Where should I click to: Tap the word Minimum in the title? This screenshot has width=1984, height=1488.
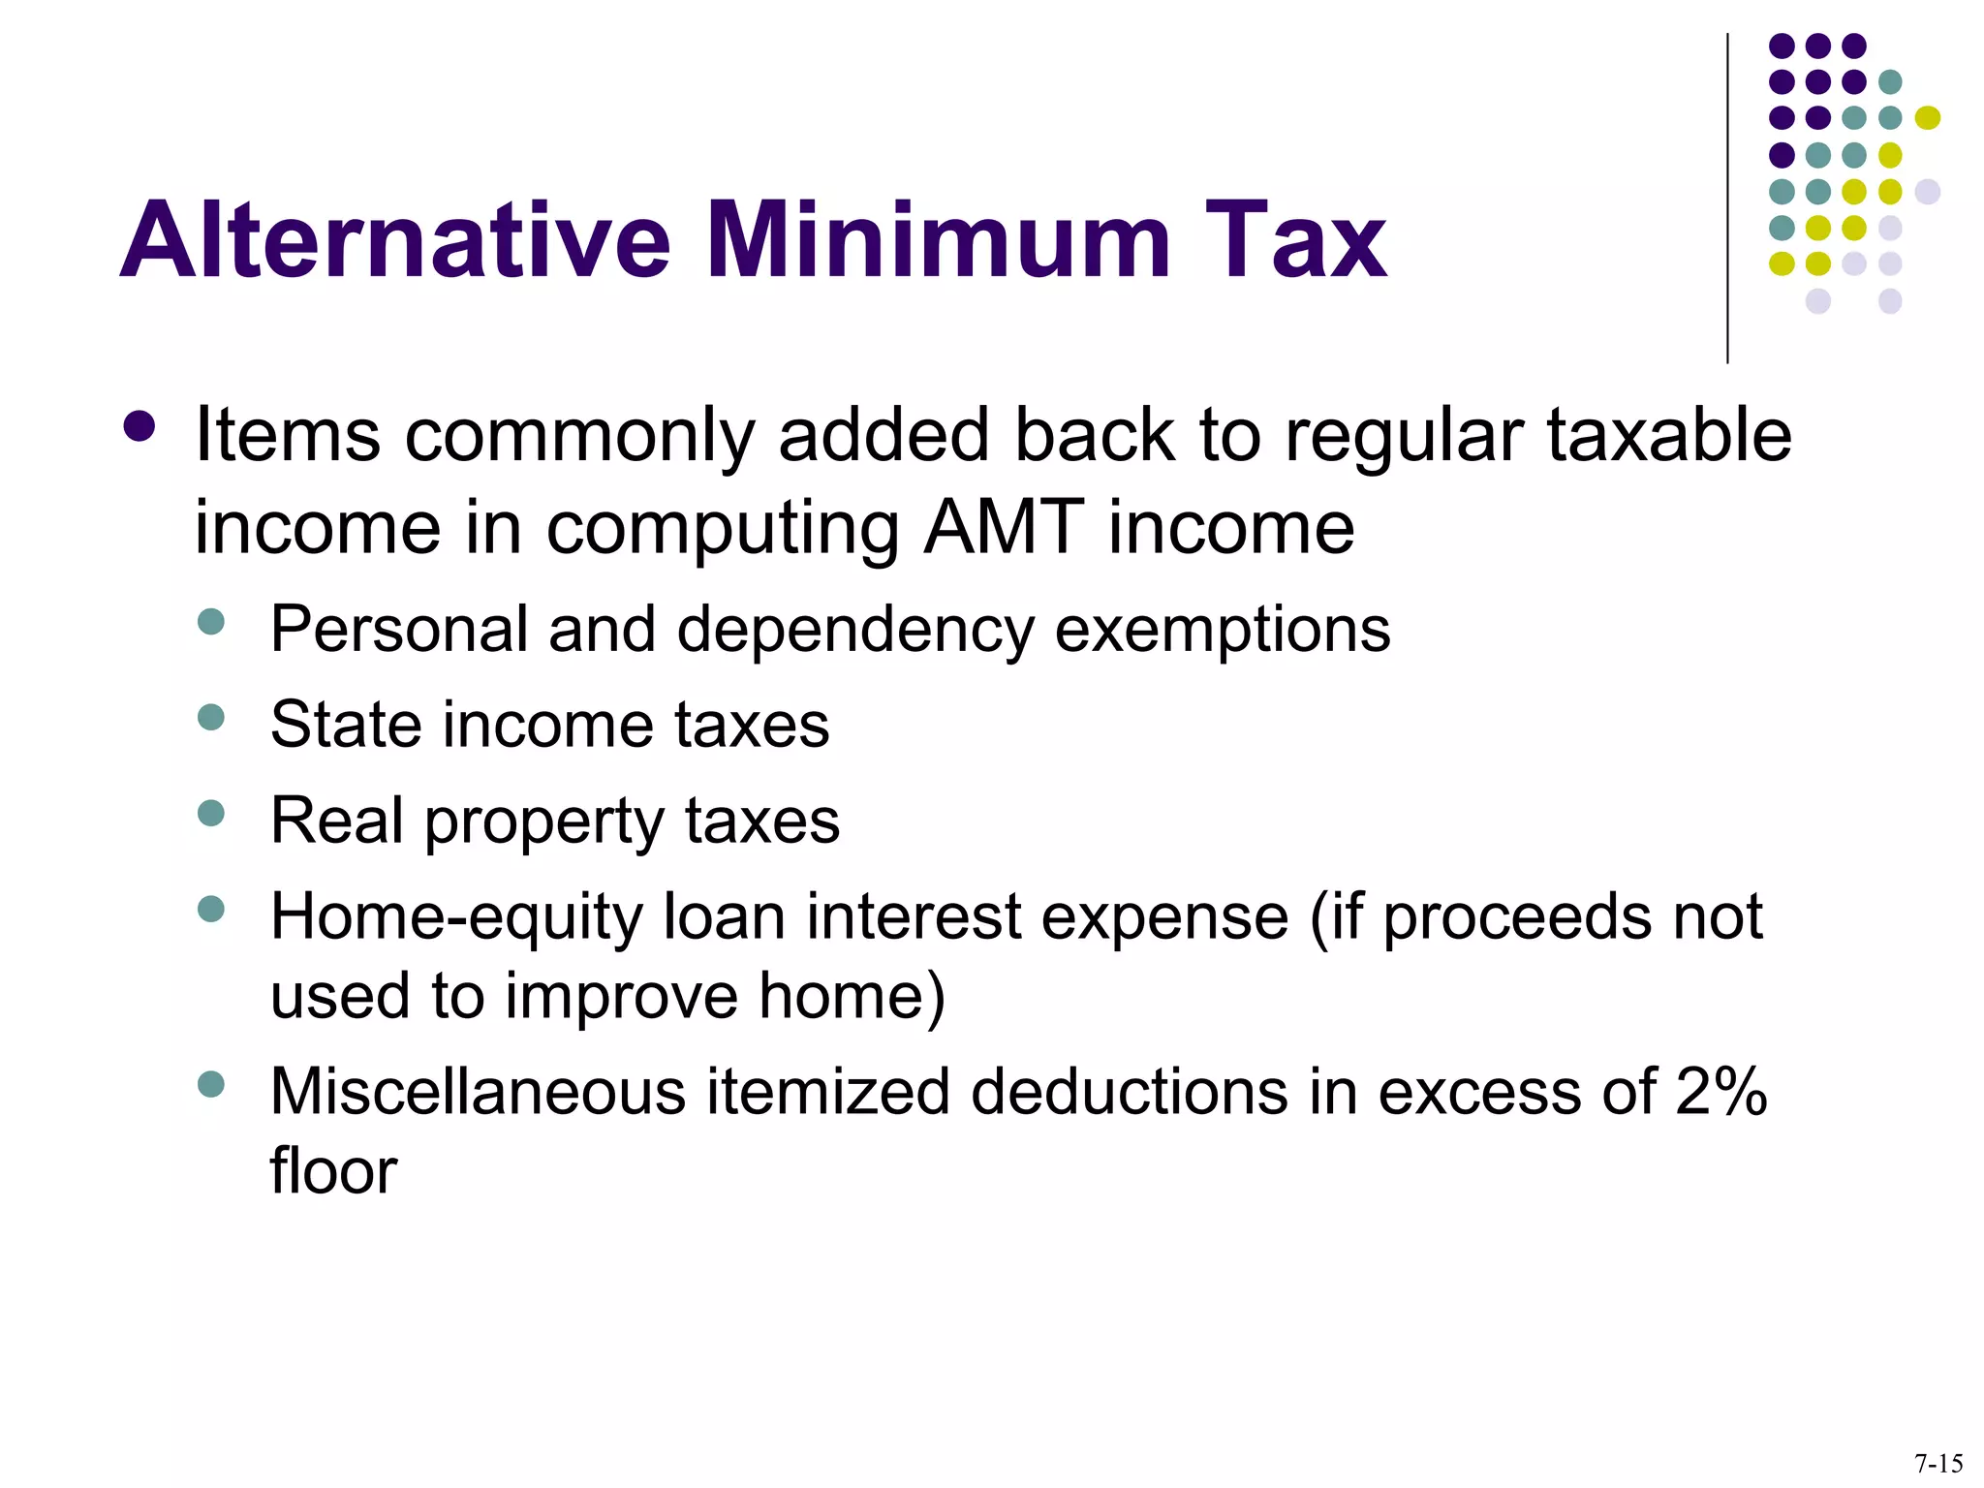point(938,239)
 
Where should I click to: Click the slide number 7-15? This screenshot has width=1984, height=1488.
point(1938,1463)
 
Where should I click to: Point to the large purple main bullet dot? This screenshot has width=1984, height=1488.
point(139,427)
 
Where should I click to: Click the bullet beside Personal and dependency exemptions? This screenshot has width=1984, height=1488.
point(210,621)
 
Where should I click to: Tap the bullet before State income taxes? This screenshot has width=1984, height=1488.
point(210,717)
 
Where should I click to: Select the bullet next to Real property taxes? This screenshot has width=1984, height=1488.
point(210,812)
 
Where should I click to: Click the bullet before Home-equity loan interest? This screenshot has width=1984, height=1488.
point(210,909)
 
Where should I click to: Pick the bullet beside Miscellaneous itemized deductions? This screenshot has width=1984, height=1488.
point(210,1083)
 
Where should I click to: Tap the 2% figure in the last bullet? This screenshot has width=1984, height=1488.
point(1720,1092)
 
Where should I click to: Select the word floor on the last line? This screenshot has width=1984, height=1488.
point(333,1170)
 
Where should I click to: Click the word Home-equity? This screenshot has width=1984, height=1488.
point(455,917)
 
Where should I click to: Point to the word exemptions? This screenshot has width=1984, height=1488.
point(1222,630)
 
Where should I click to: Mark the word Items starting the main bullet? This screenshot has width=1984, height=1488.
point(288,435)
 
